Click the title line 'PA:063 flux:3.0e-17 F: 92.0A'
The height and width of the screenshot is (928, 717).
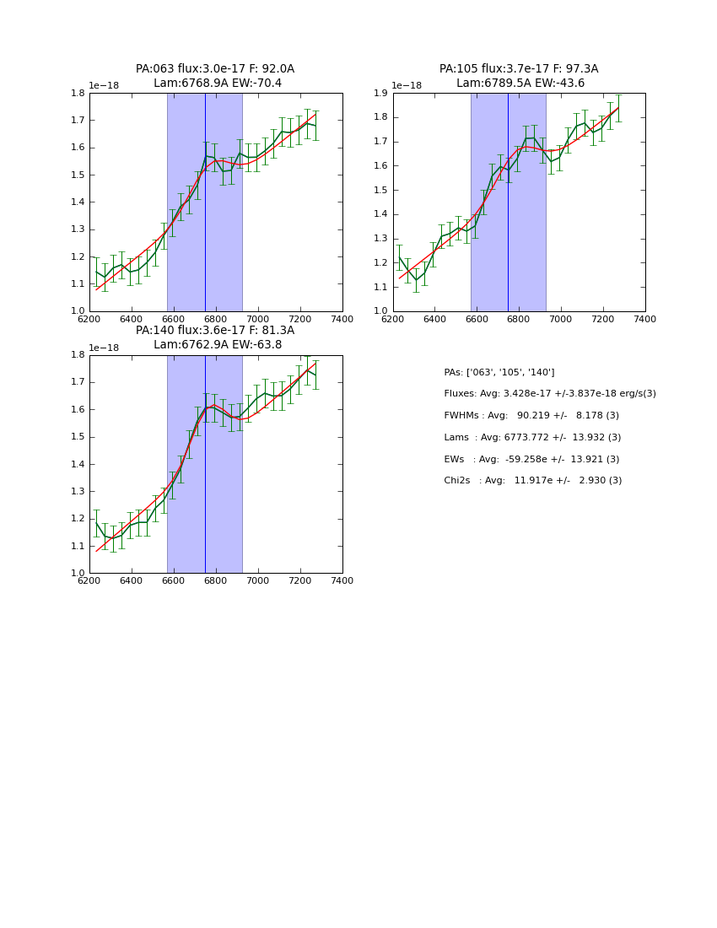(x=215, y=69)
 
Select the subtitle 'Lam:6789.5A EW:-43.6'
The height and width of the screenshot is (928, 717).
(x=520, y=84)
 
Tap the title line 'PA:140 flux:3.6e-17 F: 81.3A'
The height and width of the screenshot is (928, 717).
(x=215, y=331)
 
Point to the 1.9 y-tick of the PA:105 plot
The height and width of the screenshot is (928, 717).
(x=380, y=94)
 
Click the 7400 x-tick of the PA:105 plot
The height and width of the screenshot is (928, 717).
(x=645, y=319)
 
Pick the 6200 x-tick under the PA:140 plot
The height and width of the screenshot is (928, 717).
(x=89, y=580)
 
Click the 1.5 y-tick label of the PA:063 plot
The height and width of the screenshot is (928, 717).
(x=77, y=175)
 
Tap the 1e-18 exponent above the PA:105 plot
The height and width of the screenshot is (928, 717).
(x=407, y=86)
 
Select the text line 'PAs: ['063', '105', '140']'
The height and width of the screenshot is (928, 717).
(x=499, y=372)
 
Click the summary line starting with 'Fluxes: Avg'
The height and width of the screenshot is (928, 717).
(x=550, y=394)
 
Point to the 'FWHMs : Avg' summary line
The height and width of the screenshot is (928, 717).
(x=531, y=416)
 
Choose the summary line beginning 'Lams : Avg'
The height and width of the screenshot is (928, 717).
(x=532, y=437)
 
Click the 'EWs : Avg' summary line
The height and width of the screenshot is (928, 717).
(x=531, y=459)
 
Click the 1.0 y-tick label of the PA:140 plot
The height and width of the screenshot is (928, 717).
(x=77, y=574)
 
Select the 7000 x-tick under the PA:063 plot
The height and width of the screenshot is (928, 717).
(x=258, y=319)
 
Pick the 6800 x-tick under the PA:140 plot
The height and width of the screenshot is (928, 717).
(x=216, y=580)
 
